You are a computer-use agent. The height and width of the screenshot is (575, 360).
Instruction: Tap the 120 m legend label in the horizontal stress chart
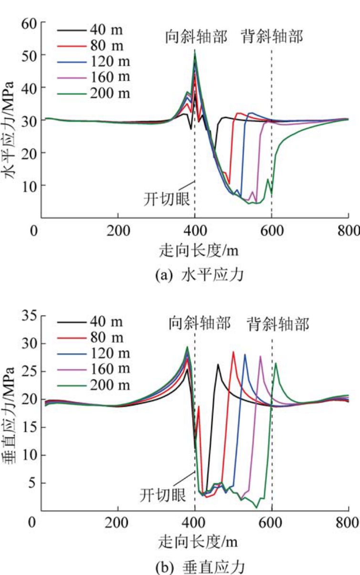point(110,62)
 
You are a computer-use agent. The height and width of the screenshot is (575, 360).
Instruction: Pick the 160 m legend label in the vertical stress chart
point(110,369)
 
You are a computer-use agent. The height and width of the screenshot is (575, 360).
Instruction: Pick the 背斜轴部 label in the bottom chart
point(278,326)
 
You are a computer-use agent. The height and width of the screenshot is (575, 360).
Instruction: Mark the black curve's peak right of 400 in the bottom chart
point(218,365)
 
